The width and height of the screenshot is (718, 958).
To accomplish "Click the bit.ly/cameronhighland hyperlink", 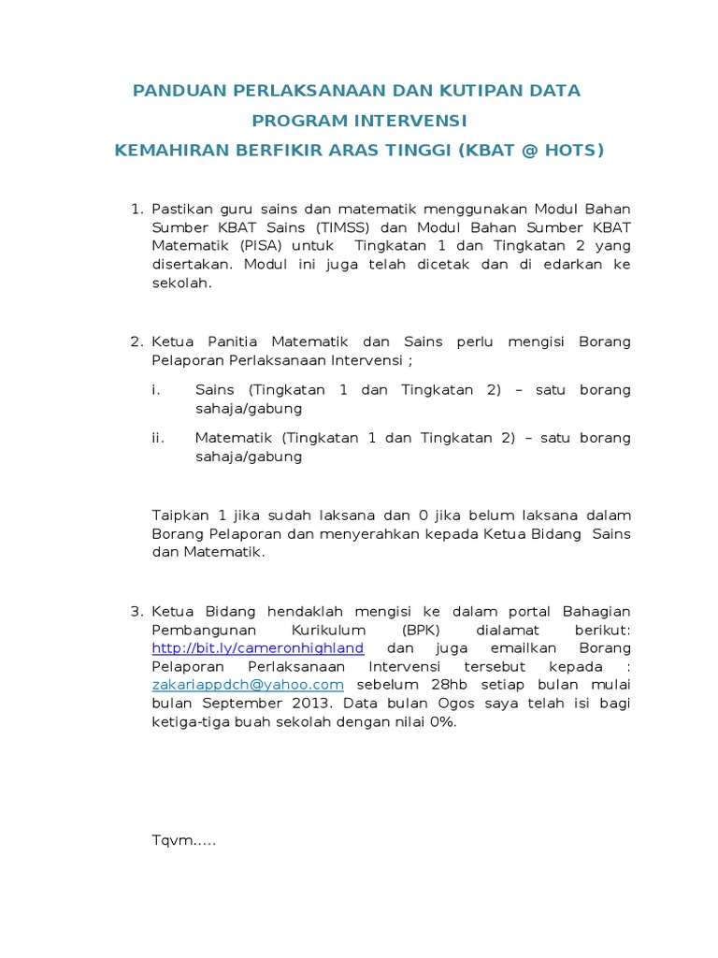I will click(258, 648).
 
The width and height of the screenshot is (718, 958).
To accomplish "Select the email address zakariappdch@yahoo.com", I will click(248, 685).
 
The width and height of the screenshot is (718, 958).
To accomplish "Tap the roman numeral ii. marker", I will click(158, 438).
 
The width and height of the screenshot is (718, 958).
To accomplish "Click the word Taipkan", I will click(180, 515).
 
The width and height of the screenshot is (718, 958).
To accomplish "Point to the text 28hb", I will click(434, 685).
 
